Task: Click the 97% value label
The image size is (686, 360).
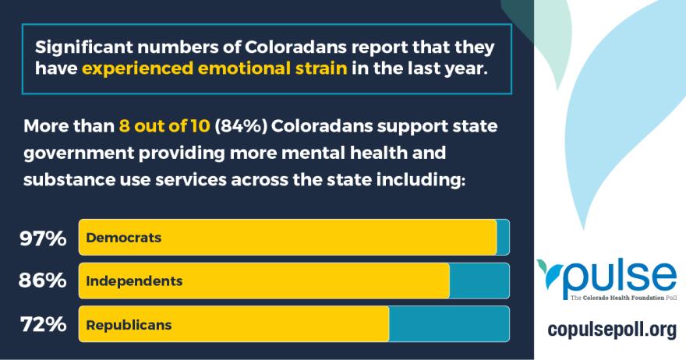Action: [43, 238]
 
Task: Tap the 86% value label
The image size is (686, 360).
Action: [43, 281]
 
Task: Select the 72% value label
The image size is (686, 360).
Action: [43, 324]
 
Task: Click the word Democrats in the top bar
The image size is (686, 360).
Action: [124, 238]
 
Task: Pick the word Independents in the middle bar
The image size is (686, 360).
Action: [134, 281]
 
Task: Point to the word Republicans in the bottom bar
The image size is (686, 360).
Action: [129, 324]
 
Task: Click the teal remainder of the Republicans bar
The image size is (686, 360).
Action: [448, 324]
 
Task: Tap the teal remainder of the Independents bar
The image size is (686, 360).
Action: [479, 281]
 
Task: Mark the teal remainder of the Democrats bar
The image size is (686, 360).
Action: [503, 238]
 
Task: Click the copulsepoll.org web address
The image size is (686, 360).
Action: [611, 330]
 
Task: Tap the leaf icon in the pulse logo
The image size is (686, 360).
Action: [550, 273]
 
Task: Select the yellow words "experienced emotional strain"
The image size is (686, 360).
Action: [214, 68]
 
